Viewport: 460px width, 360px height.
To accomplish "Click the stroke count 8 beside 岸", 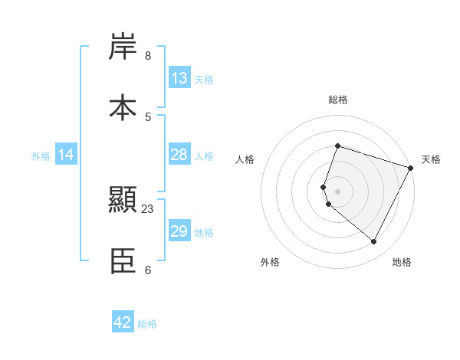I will [147, 56].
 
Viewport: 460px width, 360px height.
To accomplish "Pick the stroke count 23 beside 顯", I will [148, 209].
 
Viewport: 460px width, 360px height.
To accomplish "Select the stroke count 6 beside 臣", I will [147, 270].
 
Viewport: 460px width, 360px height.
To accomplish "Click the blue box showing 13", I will [179, 78].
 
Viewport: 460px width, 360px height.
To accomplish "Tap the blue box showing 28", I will [179, 155].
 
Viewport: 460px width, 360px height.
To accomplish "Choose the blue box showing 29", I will [179, 231].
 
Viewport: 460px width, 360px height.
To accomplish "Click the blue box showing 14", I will [66, 155].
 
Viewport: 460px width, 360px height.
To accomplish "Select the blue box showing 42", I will [123, 322].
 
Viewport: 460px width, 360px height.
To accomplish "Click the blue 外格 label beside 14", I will [41, 156].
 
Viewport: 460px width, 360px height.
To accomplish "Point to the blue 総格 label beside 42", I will [147, 324].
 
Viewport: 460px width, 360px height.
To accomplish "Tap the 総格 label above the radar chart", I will [338, 100].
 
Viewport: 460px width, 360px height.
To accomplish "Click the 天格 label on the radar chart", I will [431, 159].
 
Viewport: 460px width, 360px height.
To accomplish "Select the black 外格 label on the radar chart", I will [270, 263].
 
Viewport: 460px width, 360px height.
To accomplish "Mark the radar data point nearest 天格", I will [411, 167].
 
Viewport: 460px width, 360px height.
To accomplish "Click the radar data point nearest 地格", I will [374, 242].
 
